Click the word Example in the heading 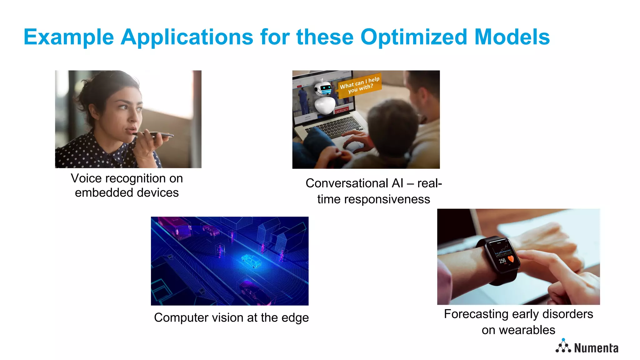(69, 37)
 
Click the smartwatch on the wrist (502, 256)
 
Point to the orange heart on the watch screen (511, 259)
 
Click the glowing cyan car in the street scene (251, 261)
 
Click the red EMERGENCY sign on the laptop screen (341, 110)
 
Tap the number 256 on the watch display (502, 261)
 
